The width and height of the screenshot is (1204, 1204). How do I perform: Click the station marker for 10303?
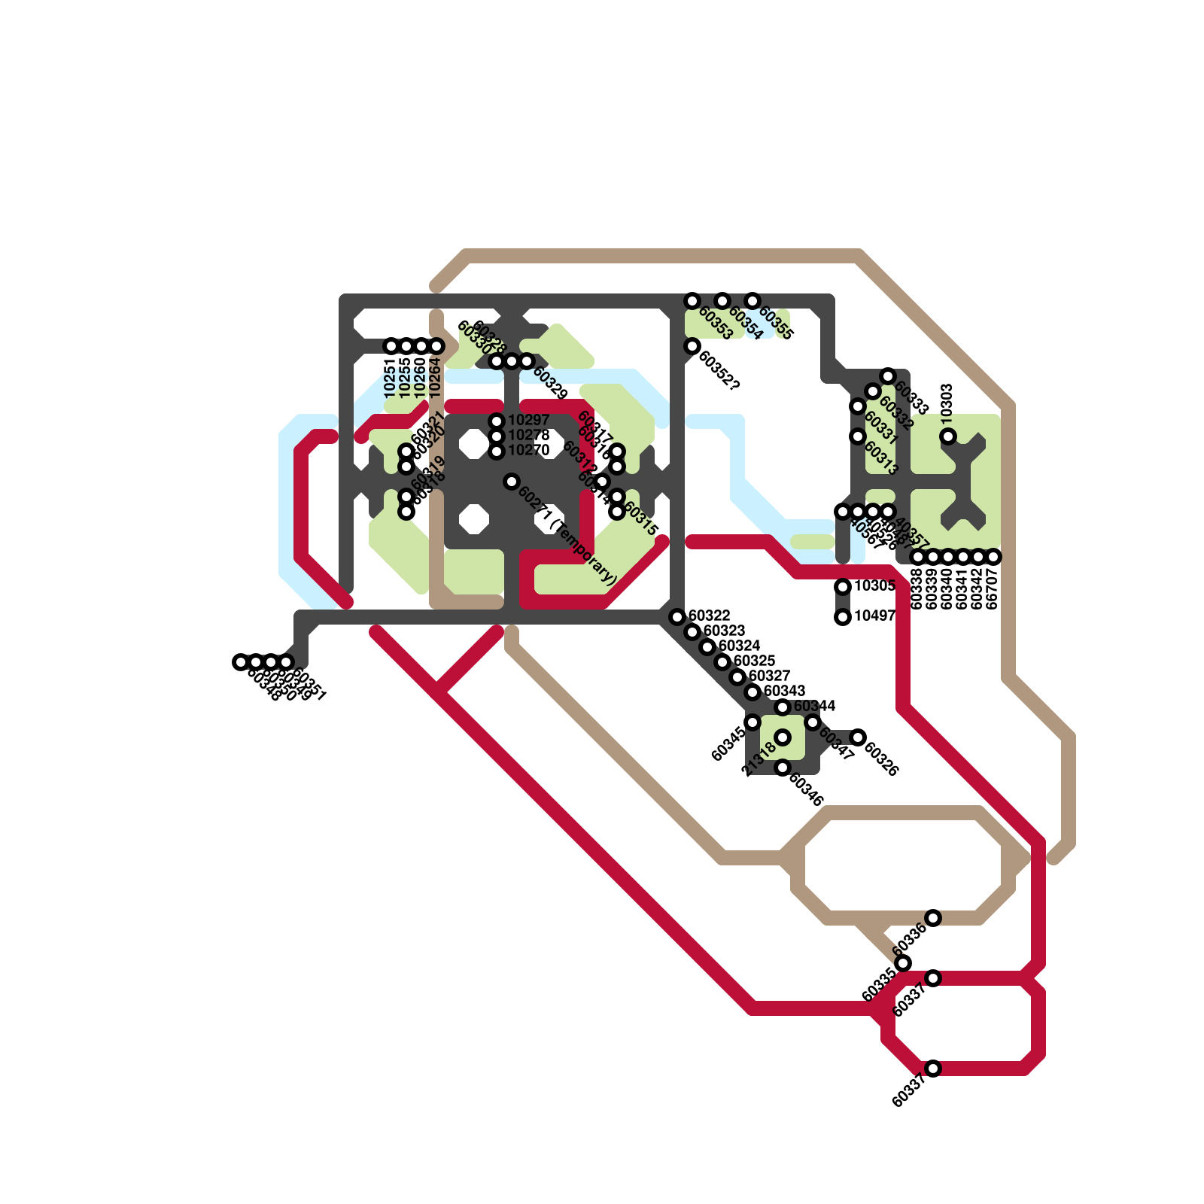coord(948,436)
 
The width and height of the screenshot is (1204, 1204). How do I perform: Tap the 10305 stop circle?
coord(843,587)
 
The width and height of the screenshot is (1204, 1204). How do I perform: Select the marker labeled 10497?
coord(843,617)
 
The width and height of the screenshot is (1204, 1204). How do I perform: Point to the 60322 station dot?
coord(677,617)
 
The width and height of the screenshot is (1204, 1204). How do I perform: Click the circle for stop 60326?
coord(858,737)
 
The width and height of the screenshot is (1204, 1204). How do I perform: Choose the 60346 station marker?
coord(783,768)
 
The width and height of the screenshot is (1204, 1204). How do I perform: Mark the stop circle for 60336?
coord(933,918)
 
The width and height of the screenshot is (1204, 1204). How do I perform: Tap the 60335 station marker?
coord(903,963)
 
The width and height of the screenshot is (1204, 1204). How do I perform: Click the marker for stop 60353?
coord(692,301)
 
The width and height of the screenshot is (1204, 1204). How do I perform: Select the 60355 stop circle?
coord(752,301)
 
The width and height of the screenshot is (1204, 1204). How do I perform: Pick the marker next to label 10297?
coord(497,421)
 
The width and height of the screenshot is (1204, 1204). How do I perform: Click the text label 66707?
coord(992,588)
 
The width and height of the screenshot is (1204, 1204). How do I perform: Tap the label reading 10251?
coord(390,378)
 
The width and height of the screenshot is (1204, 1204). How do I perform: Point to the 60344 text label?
coord(814,706)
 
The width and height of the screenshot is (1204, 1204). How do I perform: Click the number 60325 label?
coord(754,661)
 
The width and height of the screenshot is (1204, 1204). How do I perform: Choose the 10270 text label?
coord(528,450)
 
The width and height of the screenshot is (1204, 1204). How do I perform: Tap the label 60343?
coord(784,691)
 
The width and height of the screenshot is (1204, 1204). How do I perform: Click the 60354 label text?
coord(746,324)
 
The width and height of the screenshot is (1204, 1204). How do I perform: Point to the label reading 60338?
coord(917,588)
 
